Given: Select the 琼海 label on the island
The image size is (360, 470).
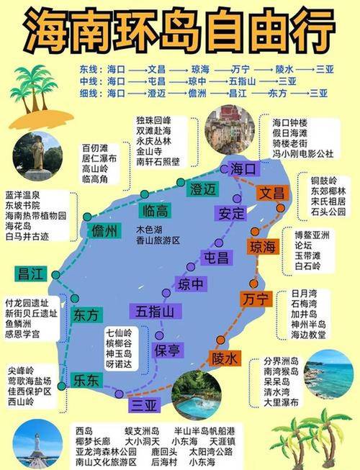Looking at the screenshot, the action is pos(264,247).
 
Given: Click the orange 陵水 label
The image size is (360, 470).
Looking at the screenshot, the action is pos(224,358).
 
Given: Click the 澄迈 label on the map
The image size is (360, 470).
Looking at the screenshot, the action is pos(202,189).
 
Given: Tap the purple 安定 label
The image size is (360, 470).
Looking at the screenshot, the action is pos(230,214).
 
